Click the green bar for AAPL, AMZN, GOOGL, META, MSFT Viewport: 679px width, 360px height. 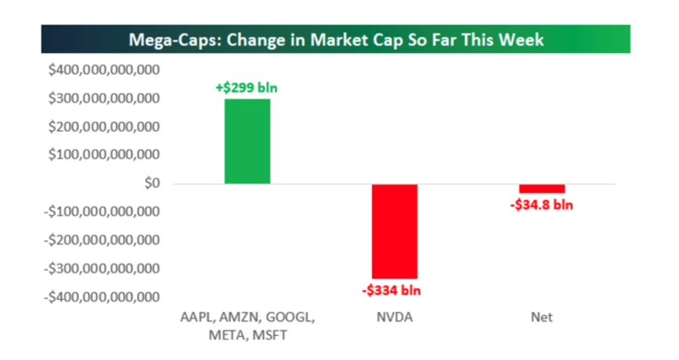click(x=247, y=142)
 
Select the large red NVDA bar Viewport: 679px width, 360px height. click(x=394, y=231)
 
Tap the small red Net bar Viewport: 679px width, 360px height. click(x=541, y=188)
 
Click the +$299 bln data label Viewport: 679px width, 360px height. click(x=247, y=88)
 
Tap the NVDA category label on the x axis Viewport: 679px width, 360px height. click(x=394, y=317)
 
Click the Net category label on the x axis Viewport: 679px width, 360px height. click(x=541, y=317)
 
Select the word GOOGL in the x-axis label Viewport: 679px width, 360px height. click(x=284, y=317)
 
